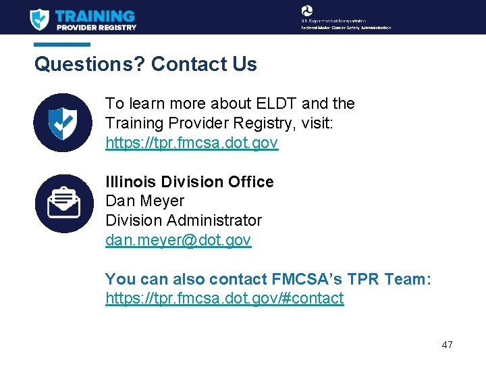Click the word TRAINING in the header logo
point(95,15)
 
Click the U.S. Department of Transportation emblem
point(307,11)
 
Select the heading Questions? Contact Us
point(146,64)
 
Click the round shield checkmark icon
point(63,122)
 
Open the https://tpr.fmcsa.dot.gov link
point(192,143)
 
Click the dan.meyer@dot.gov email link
point(178,240)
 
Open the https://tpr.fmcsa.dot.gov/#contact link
point(224,298)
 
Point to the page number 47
point(447,345)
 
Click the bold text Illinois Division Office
point(190,182)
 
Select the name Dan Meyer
point(144,201)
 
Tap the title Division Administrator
point(184,220)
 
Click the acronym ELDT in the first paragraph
point(277,103)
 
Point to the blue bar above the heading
point(62,45)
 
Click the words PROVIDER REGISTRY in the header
point(97,28)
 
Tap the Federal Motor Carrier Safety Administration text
point(346,28)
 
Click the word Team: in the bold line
point(408,279)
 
